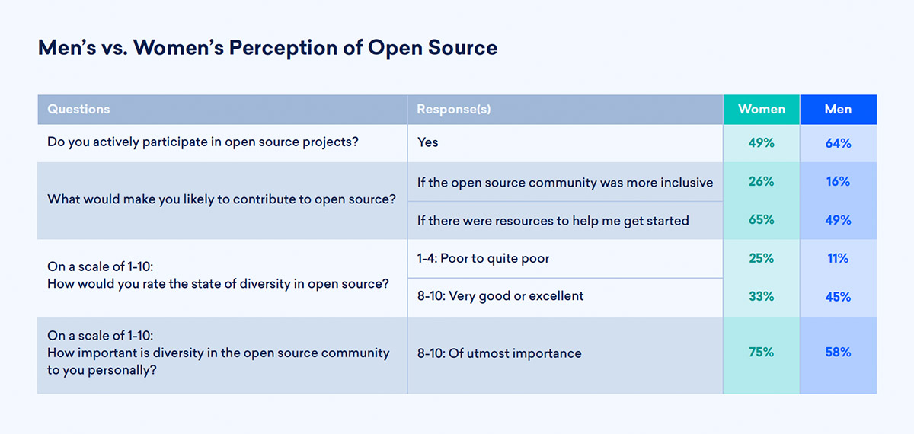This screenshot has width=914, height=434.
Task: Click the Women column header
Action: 762,110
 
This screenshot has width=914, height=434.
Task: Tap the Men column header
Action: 838,110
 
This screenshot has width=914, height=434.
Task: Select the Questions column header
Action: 78,110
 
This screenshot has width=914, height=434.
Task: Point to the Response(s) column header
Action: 454,110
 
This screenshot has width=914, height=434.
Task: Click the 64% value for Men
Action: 838,143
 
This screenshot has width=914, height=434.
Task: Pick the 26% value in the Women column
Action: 762,181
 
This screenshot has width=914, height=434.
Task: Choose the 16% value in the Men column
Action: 838,181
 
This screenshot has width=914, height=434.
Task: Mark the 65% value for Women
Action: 762,219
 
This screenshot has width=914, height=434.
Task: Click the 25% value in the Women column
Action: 762,258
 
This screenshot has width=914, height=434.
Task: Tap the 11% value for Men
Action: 838,258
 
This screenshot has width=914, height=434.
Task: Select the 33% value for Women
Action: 762,296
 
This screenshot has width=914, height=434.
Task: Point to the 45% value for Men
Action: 838,296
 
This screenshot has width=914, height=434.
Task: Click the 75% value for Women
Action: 762,352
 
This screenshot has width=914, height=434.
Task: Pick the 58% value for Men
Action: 838,352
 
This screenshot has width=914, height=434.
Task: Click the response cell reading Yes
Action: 427,142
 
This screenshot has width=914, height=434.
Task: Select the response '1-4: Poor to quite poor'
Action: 483,258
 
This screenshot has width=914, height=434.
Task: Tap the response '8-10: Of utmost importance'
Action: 499,353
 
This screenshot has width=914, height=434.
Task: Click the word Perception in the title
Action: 283,49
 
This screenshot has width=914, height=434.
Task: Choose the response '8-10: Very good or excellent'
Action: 500,296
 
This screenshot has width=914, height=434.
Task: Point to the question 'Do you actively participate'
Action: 203,142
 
